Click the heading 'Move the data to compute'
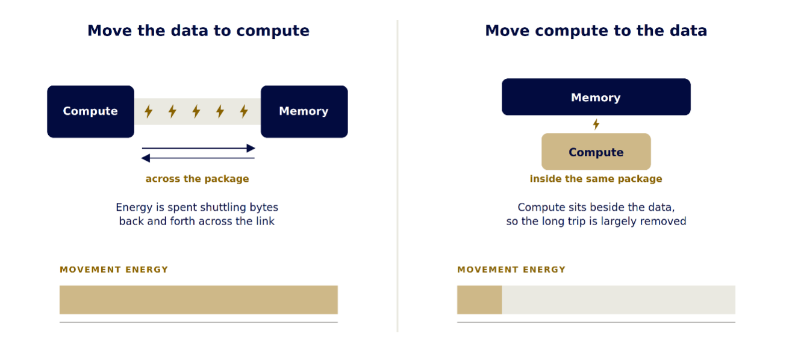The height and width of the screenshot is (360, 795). [x=198, y=31]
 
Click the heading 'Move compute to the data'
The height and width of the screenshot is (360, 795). [x=596, y=31]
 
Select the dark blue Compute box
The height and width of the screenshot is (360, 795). [x=90, y=111]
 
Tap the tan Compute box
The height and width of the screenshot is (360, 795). [x=596, y=152]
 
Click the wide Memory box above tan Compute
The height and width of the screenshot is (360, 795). [x=596, y=97]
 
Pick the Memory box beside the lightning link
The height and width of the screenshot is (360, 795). [x=304, y=111]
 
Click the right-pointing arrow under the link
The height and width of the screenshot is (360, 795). [x=198, y=148]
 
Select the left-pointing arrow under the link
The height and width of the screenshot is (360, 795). [x=198, y=158]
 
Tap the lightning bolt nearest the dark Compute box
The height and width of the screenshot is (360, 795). [x=148, y=111]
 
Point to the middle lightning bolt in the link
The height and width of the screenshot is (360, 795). [x=196, y=111]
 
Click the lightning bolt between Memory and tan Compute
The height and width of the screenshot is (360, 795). [x=596, y=124]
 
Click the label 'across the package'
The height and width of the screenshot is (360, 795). [x=198, y=179]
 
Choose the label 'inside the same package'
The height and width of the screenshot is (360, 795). [x=596, y=179]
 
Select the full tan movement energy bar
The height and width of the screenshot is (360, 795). [x=198, y=300]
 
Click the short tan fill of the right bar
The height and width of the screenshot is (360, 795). [x=479, y=300]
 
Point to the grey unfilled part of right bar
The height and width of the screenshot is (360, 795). [x=619, y=300]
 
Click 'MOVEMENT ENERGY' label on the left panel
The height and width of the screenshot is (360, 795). [x=114, y=270]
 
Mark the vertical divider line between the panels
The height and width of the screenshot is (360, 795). [x=397, y=176]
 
